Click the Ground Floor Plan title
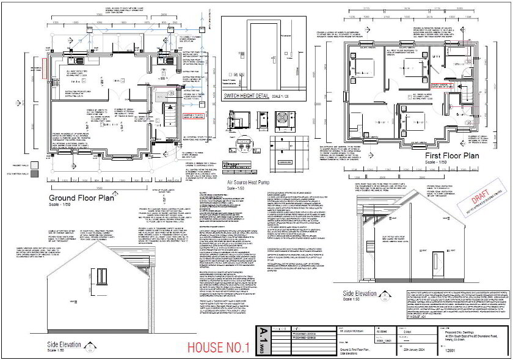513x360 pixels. coord(81,197)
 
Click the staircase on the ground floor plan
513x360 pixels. coord(167,113)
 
